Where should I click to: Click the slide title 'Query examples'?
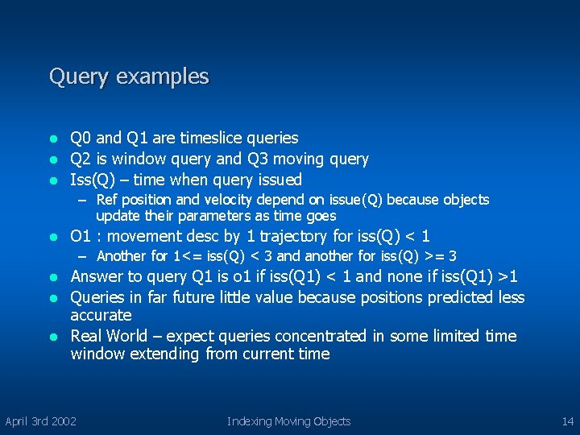click(129, 77)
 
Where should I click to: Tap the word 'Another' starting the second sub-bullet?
click(121, 256)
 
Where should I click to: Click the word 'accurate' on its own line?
click(101, 315)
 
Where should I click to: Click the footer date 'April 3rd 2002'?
click(41, 420)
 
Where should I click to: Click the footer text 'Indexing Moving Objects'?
click(288, 420)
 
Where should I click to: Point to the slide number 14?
click(567, 420)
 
